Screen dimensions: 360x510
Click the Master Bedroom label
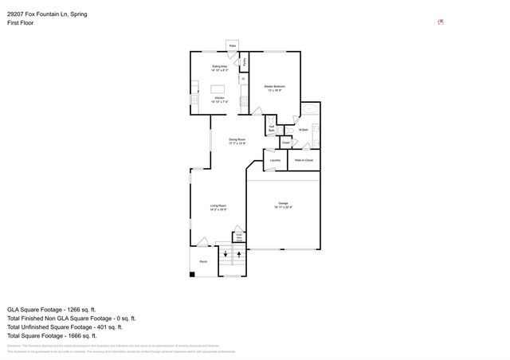point(275,87)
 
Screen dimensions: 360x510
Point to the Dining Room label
point(237,141)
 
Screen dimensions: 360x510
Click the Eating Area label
point(220,68)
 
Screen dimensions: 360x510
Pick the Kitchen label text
point(219,100)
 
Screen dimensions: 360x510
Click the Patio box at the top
point(233,46)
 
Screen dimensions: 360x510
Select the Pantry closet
point(244,61)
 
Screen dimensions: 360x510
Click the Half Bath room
point(272,128)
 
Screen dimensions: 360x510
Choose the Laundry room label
point(275,160)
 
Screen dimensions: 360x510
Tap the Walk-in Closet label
point(304,160)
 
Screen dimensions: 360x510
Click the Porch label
point(203,260)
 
